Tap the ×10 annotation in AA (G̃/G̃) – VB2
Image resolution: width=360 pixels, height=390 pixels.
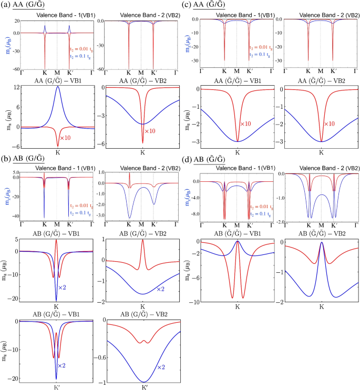(330, 124)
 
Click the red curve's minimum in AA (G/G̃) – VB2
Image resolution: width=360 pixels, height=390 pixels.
(142, 143)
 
